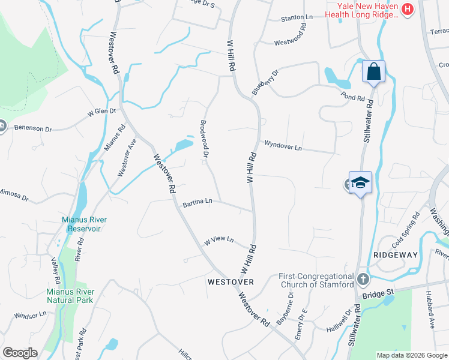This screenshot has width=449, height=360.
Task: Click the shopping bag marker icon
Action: click(x=373, y=72)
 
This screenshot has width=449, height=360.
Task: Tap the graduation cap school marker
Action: click(x=361, y=183)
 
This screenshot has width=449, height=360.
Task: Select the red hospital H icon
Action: click(x=408, y=9)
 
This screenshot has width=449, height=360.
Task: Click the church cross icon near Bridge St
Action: click(x=363, y=280)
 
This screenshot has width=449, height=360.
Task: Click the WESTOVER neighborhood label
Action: click(x=231, y=281)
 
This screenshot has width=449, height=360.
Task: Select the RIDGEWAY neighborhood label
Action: click(x=395, y=255)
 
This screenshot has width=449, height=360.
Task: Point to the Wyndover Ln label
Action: click(x=283, y=145)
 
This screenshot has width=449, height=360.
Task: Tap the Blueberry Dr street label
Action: click(x=266, y=82)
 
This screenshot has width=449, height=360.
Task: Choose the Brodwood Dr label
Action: click(x=204, y=140)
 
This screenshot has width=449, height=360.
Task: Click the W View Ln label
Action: click(x=218, y=240)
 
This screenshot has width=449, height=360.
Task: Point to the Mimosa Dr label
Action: click(x=15, y=196)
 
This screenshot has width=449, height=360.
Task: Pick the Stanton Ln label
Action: click(x=297, y=19)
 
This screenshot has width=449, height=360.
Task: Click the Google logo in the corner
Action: click(x=20, y=353)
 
